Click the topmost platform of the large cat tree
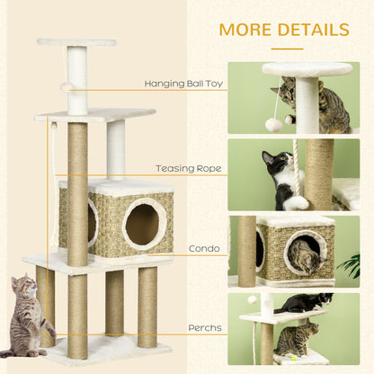76,42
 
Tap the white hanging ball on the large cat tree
67,87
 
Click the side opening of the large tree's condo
91,221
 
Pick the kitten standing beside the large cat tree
26,315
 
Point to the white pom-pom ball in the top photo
273,124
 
